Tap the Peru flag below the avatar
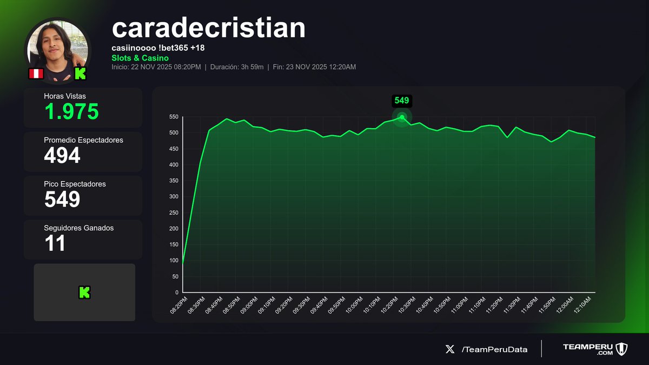[x=36, y=74]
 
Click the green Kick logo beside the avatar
[x=80, y=74]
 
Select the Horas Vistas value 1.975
[x=71, y=112]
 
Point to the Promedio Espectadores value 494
[x=62, y=156]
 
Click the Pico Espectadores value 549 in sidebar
[x=62, y=200]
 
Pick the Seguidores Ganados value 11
[x=55, y=243]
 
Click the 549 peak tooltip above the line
[x=402, y=101]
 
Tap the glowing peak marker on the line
[x=402, y=117]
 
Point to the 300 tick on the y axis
[x=174, y=197]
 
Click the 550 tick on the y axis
[x=174, y=117]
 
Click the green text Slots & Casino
[x=140, y=58]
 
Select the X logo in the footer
[x=450, y=349]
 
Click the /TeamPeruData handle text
[x=494, y=349]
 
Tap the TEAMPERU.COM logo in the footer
[x=594, y=349]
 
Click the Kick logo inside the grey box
[x=84, y=293]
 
